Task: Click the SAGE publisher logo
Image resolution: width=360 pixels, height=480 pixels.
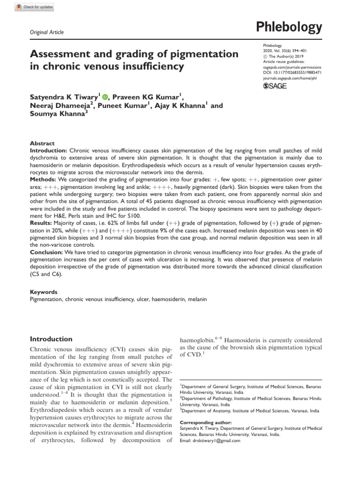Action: tap(276, 86)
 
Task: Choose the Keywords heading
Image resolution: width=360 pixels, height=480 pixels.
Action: tap(44, 292)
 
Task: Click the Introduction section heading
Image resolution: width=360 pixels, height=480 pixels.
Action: tap(51, 339)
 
